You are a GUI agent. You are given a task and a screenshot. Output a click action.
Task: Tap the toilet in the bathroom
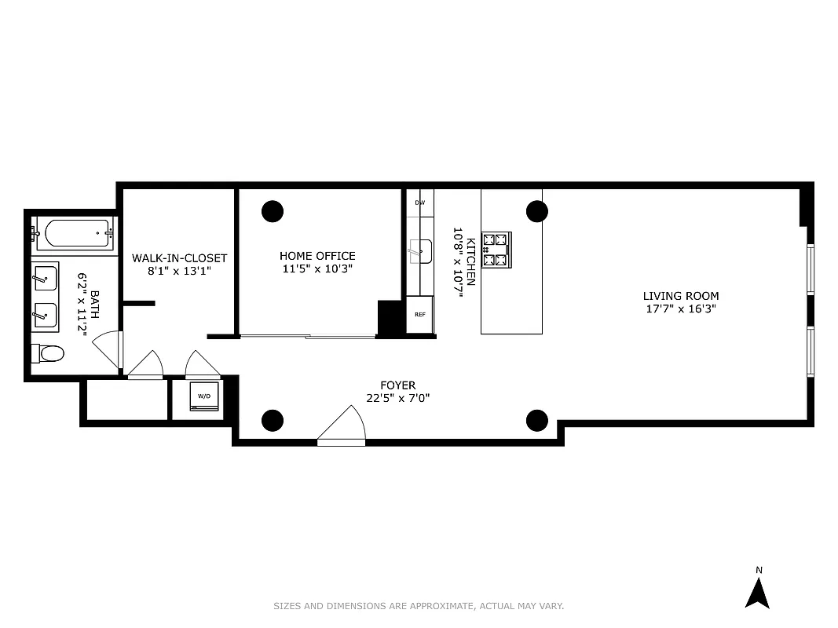coord(49,354)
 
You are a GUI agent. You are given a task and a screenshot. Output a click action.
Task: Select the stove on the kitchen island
coord(496,249)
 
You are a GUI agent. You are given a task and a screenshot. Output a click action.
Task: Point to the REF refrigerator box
coord(420,313)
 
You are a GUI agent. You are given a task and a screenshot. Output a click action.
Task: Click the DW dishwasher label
coord(420,203)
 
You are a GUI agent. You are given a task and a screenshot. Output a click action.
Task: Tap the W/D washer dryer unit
coord(204,396)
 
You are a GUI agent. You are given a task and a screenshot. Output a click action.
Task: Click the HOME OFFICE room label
coord(317,256)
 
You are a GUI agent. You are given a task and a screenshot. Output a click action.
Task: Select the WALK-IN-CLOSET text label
coord(179,258)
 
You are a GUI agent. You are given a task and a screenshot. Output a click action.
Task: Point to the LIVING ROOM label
coord(680,296)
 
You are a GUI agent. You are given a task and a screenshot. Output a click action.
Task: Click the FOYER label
coord(397,385)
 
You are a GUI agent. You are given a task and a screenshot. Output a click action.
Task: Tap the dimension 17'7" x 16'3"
coord(680,309)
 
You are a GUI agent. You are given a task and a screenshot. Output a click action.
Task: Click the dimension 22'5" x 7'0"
coord(397,397)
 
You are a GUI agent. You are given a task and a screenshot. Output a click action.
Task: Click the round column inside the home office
coord(273,210)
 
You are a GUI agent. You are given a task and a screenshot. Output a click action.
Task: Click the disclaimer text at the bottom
coord(419,606)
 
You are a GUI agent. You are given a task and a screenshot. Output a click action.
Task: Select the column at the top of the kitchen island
coord(536,210)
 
